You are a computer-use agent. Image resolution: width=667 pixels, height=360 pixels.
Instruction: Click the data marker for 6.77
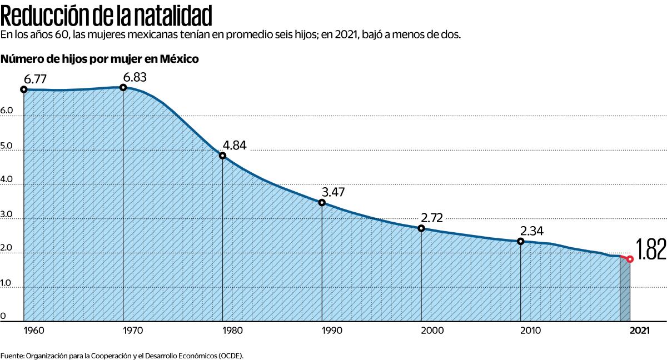click(x=23, y=89)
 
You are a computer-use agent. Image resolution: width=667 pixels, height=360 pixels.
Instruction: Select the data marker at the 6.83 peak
click(x=123, y=87)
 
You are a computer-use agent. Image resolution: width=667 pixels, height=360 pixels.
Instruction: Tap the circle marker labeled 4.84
click(x=222, y=156)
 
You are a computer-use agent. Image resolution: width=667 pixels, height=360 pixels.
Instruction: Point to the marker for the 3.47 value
click(x=322, y=202)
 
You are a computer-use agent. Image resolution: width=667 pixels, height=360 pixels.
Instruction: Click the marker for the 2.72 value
click(x=421, y=228)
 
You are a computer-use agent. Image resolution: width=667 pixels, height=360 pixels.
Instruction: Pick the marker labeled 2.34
click(x=521, y=241)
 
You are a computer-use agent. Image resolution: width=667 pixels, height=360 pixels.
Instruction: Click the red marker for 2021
click(x=630, y=259)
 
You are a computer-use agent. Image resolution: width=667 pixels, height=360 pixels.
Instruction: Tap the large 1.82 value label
click(x=651, y=251)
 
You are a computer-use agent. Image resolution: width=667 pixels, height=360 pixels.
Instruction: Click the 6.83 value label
click(x=135, y=77)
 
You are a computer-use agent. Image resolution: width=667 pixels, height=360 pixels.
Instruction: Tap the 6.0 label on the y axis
click(x=7, y=111)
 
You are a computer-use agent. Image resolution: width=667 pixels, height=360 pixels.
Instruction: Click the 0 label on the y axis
click(x=3, y=317)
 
